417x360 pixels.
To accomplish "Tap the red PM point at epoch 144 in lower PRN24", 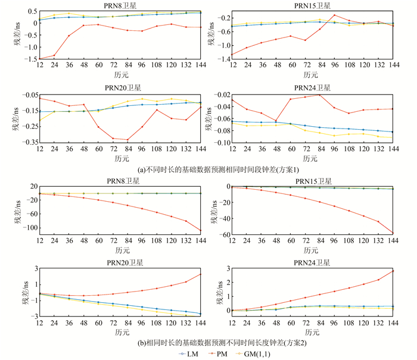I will [393, 271].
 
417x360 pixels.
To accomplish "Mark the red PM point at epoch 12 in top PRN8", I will [39, 58].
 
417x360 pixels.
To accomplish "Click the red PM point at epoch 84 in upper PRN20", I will [127, 140].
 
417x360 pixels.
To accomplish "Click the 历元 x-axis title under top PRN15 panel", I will [311, 76].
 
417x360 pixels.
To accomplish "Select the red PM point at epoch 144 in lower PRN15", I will [393, 233].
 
